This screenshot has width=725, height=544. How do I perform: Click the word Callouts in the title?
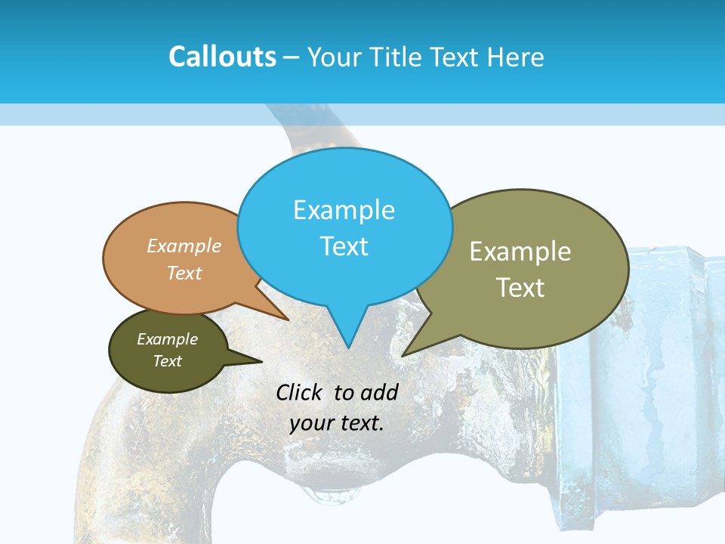[x=222, y=57]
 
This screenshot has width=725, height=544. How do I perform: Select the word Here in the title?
[x=517, y=57]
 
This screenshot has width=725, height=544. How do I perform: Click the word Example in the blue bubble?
[x=344, y=210]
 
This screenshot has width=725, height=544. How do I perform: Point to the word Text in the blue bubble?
[x=344, y=246]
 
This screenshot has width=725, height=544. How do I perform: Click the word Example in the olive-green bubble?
[x=520, y=252]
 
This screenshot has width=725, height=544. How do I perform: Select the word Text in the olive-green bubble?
[x=520, y=288]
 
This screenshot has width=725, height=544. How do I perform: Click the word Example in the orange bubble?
[x=184, y=246]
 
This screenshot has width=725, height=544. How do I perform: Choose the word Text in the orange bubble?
[x=184, y=273]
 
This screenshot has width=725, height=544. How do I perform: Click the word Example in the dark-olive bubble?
[x=167, y=339]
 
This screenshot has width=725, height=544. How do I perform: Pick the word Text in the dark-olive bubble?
[x=167, y=361]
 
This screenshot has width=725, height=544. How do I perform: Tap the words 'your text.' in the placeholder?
[x=337, y=423]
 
